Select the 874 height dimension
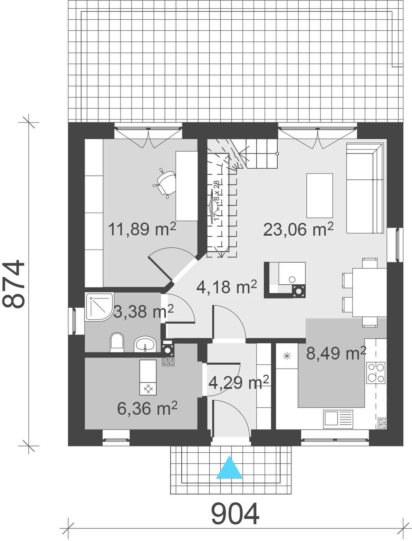pyautogui.click(x=13, y=284)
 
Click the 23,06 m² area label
pyautogui.click(x=298, y=229)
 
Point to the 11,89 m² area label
pyautogui.click(x=142, y=229)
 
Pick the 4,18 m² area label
pyautogui.click(x=227, y=287)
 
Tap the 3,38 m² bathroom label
pyautogui.click(x=143, y=312)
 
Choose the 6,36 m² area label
pyautogui.click(x=147, y=408)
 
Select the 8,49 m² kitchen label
pyautogui.click(x=336, y=353)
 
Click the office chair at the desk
pyautogui.click(x=165, y=183)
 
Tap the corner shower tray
pyautogui.click(x=99, y=307)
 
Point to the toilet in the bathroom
pyautogui.click(x=117, y=343)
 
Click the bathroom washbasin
pyautogui.click(x=145, y=344)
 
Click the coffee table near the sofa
pyautogui.click(x=319, y=195)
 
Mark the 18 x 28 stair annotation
pyautogui.click(x=217, y=191)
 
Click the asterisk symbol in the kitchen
pyautogui.click(x=287, y=356)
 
